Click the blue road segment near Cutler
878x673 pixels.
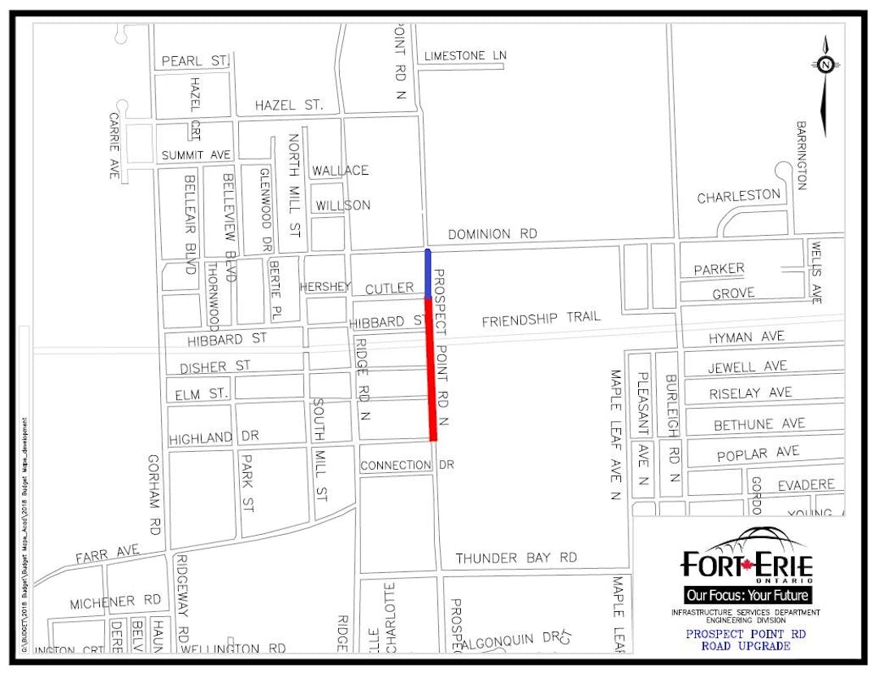[x=428, y=274]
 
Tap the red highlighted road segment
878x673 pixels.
[x=431, y=370]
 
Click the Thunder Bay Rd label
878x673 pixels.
[x=516, y=558]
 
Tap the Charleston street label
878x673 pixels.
[x=738, y=197]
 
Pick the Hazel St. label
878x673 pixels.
[x=289, y=106]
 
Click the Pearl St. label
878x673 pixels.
[x=195, y=61]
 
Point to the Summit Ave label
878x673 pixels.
[x=196, y=155]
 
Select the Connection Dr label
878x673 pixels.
[x=406, y=466]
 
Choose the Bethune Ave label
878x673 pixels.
[x=759, y=424]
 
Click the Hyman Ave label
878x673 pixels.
[x=745, y=336]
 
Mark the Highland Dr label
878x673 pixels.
[x=214, y=438]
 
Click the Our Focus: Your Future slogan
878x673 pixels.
[x=746, y=595]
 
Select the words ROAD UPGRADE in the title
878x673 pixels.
[x=745, y=646]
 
